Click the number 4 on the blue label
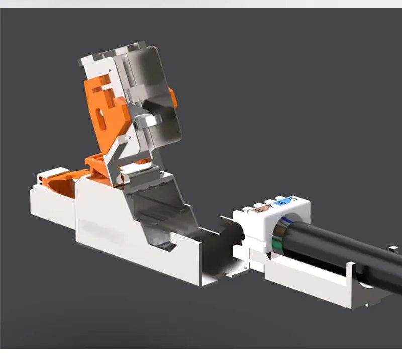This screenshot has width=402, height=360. pos(281,203)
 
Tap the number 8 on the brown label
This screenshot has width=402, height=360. pos(260,209)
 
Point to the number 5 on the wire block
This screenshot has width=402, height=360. pos(293,200)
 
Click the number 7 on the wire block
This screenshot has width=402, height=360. pos(270,206)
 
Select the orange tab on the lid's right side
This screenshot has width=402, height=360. pos(174,98)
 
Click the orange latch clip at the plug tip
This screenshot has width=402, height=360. pos(50,178)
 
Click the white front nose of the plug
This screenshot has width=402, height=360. pos(48,206)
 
